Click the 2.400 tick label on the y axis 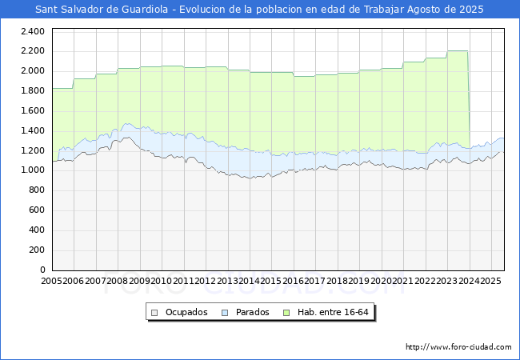[32, 31]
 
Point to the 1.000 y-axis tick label [32, 170]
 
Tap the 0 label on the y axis [42, 270]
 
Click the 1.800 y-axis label [32, 91]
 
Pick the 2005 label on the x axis [52, 281]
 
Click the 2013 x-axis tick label [226, 281]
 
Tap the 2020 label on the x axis [380, 281]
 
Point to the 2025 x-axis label [490, 281]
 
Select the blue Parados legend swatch [226, 312]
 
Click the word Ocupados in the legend [186, 312]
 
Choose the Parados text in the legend [253, 312]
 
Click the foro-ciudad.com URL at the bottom [458, 347]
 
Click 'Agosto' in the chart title [421, 10]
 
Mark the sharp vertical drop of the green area [468, 96]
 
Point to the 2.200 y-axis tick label [32, 51]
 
